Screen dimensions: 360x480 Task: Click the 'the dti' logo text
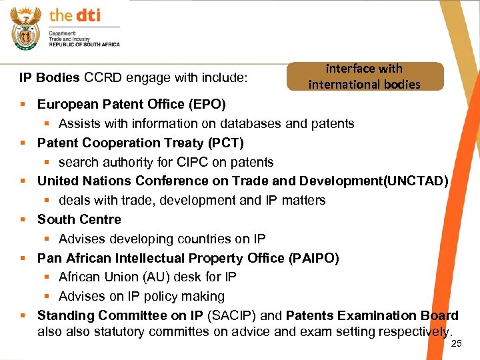75,15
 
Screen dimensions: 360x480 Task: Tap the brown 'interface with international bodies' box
365,76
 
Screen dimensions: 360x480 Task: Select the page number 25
457,344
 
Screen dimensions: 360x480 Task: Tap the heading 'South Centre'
79,219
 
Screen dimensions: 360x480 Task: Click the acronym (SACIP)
231,315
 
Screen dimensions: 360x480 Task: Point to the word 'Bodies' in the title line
61,78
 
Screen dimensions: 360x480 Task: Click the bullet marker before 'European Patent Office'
24,105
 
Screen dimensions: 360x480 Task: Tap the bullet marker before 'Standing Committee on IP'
24,315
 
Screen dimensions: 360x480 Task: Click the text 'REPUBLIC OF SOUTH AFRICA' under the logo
84,44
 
